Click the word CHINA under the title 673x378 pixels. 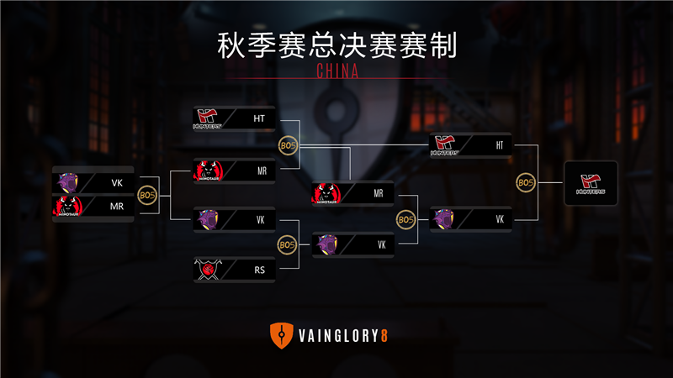[x=336, y=71]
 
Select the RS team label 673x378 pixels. [x=260, y=270]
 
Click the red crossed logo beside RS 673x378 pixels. [x=206, y=270]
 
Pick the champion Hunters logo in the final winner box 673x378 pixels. [x=591, y=183]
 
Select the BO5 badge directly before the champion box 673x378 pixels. [x=526, y=183]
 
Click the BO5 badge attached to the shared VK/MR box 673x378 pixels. [x=147, y=195]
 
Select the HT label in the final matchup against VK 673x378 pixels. [x=500, y=144]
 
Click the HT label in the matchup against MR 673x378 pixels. [x=259, y=119]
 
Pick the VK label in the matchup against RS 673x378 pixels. [x=260, y=219]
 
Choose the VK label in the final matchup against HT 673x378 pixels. [x=500, y=219]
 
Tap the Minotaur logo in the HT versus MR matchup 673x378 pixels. [x=207, y=171]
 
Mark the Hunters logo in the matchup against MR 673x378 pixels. [x=207, y=119]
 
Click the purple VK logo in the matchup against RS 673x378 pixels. [x=207, y=219]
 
